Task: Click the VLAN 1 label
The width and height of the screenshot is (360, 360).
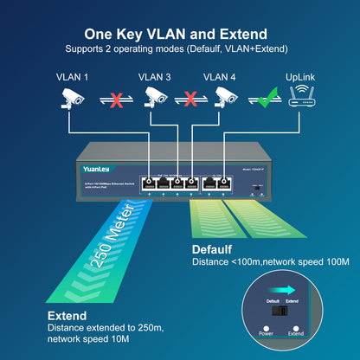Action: point(73,77)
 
